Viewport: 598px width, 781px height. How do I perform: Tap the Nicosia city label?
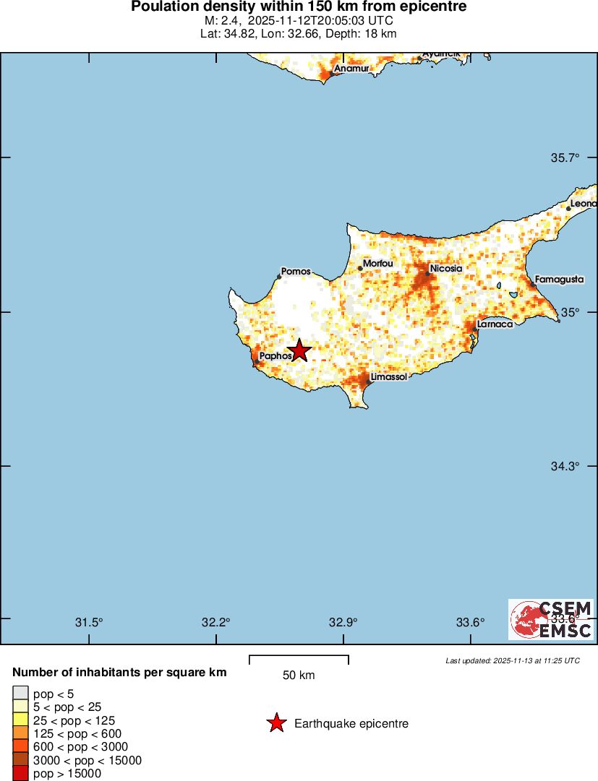click(x=445, y=269)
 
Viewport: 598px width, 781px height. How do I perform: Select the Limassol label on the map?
click(x=388, y=377)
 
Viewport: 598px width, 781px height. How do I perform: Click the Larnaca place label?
click(x=495, y=324)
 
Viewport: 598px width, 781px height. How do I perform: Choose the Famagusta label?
click(x=559, y=279)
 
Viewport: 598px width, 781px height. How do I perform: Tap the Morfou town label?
click(x=377, y=264)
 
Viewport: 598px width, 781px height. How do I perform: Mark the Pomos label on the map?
click(x=296, y=272)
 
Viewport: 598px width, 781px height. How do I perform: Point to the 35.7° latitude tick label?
click(x=566, y=158)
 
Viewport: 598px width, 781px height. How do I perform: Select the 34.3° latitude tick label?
click(x=566, y=466)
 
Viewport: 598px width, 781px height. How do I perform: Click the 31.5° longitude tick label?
click(x=90, y=622)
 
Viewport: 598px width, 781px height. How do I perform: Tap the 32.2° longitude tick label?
click(x=216, y=622)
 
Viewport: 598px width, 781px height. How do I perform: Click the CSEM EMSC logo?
click(x=552, y=619)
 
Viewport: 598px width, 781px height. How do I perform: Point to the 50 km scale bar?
click(x=299, y=660)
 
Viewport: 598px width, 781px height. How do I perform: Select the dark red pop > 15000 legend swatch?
click(x=21, y=774)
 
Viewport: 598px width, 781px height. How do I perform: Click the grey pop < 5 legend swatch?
click(x=21, y=693)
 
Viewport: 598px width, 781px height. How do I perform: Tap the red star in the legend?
click(x=276, y=723)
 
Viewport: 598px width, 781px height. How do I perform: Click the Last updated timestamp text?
click(x=512, y=660)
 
